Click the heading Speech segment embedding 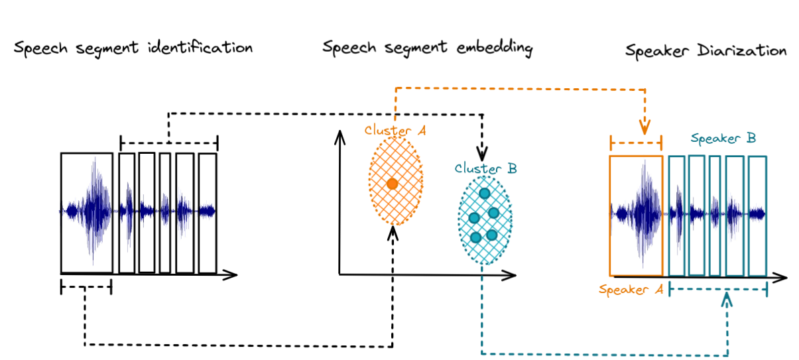tap(428, 48)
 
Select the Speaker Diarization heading tap(706, 51)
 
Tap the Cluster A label tap(395, 130)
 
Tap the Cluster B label tap(486, 169)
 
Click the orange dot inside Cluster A tap(392, 184)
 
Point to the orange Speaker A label tap(631, 290)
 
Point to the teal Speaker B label tap(723, 139)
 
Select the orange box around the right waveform tap(635, 215)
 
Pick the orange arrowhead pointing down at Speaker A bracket tap(644, 127)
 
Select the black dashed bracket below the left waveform tap(86, 287)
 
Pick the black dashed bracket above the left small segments tap(169, 142)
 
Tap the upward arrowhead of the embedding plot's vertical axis tap(340, 136)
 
